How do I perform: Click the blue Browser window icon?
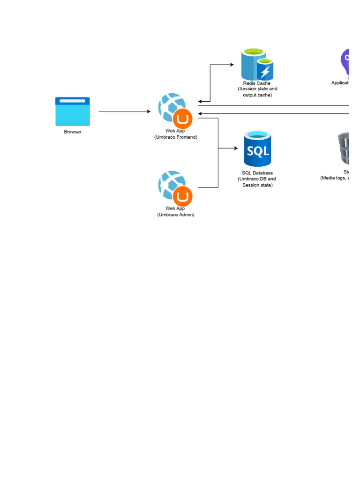tap(72, 112)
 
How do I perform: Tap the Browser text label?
tap(73, 132)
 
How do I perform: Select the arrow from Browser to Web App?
tap(124, 112)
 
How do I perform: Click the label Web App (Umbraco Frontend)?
tap(175, 134)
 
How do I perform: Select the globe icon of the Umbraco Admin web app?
tap(171, 183)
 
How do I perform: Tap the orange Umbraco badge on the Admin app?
tap(183, 196)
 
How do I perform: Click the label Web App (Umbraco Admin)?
tap(175, 211)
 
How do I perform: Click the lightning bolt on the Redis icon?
tap(265, 72)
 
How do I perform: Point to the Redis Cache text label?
tap(257, 83)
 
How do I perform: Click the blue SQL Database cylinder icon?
tap(257, 149)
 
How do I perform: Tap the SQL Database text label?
tap(257, 173)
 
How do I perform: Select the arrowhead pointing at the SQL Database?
tap(235, 148)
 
